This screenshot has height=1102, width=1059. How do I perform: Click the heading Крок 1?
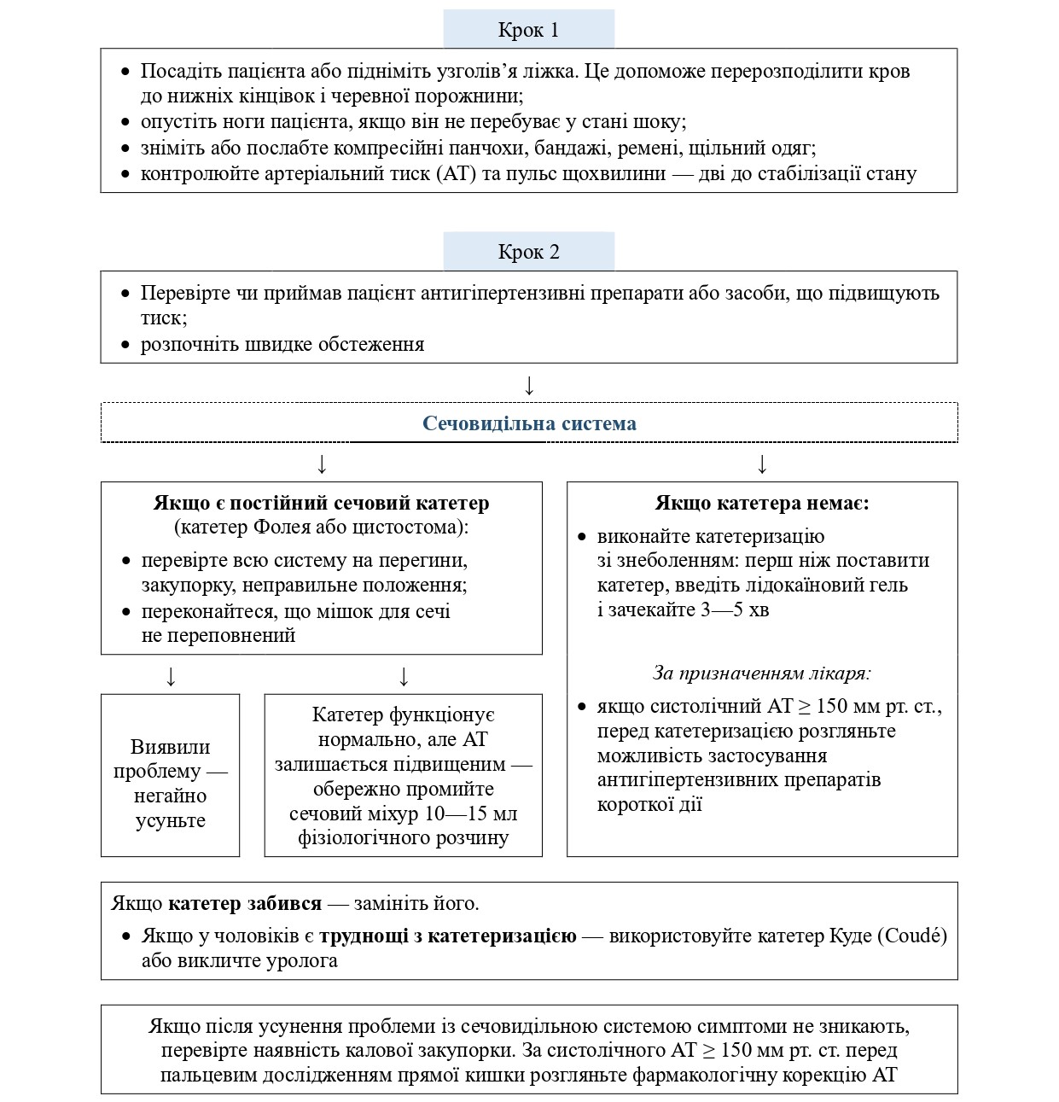coord(528,31)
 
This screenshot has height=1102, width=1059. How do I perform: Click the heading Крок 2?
coord(528,253)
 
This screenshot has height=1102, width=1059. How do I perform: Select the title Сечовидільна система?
coord(529,423)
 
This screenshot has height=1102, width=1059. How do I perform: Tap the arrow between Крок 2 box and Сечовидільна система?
coord(529,386)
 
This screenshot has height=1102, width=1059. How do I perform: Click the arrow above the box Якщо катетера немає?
coord(762,464)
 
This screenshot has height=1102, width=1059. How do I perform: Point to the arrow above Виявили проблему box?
coord(171,677)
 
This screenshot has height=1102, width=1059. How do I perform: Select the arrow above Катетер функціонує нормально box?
coord(404,677)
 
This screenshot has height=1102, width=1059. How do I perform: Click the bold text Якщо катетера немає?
coord(762,503)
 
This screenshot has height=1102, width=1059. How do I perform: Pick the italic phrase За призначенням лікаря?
coord(762,673)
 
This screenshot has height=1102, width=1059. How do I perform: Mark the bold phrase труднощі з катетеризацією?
coord(448,936)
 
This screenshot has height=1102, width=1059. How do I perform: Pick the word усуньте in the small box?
coord(171,821)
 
